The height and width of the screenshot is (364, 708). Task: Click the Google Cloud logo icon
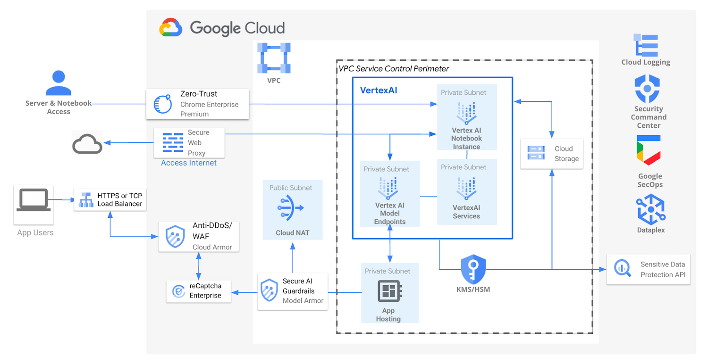[171, 28]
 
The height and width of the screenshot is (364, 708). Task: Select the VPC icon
[274, 58]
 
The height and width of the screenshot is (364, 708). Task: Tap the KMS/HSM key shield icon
[473, 269]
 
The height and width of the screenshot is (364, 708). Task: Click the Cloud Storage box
[552, 154]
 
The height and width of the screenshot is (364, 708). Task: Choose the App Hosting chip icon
[389, 291]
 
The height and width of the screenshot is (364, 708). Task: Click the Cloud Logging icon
[646, 45]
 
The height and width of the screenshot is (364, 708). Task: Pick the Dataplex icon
[650, 209]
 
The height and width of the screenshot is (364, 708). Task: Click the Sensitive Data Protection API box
[648, 270]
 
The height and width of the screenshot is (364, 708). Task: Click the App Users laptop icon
[34, 200]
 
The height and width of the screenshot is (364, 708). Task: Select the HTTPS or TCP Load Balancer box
[110, 199]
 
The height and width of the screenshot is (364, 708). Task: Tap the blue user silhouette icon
[59, 83]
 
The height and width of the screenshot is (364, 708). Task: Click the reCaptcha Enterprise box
[198, 291]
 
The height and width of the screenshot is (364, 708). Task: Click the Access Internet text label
[189, 163]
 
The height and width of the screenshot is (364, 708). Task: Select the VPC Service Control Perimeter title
[394, 69]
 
